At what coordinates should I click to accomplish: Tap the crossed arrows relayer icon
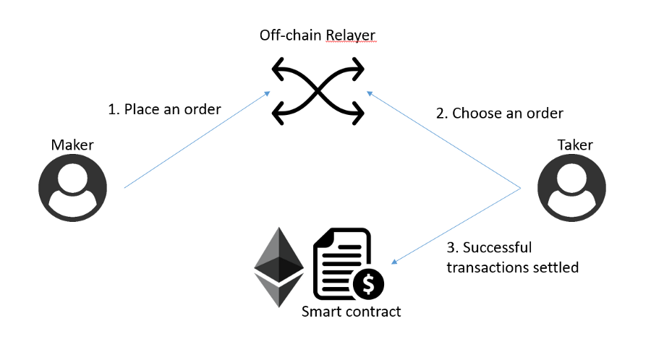(318, 91)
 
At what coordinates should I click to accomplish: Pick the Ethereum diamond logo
(278, 267)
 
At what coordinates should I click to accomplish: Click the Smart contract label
(351, 312)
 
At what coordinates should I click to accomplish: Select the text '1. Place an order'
(164, 109)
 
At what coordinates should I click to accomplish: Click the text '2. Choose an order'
(499, 113)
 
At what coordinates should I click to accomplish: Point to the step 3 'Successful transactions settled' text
(512, 257)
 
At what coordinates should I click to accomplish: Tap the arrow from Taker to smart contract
(456, 225)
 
